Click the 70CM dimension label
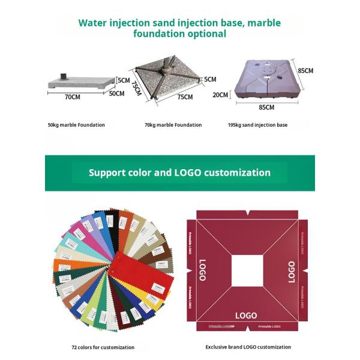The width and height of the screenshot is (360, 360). click(x=73, y=96)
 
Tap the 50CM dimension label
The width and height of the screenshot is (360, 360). click(x=116, y=93)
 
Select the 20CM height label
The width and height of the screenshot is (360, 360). click(x=220, y=94)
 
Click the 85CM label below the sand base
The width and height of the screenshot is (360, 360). click(x=266, y=108)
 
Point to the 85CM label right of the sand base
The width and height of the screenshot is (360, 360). click(x=305, y=70)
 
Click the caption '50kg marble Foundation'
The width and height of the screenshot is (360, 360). click(x=76, y=125)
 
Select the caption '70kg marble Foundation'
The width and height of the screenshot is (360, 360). click(x=173, y=125)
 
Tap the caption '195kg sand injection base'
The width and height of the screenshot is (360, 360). click(x=257, y=125)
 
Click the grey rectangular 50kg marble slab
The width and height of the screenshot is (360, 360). click(x=81, y=82)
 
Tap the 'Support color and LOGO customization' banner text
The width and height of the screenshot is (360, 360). click(x=179, y=173)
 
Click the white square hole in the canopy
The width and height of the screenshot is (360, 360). click(x=247, y=270)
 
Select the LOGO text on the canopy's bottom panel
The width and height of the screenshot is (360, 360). click(x=246, y=316)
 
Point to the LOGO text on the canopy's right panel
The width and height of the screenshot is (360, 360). click(x=292, y=271)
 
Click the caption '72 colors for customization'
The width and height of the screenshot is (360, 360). click(x=103, y=347)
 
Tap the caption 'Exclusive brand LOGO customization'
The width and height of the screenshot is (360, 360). click(x=248, y=347)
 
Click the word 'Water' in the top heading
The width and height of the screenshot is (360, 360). click(x=94, y=23)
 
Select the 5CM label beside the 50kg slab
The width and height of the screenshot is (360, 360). click(x=124, y=80)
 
